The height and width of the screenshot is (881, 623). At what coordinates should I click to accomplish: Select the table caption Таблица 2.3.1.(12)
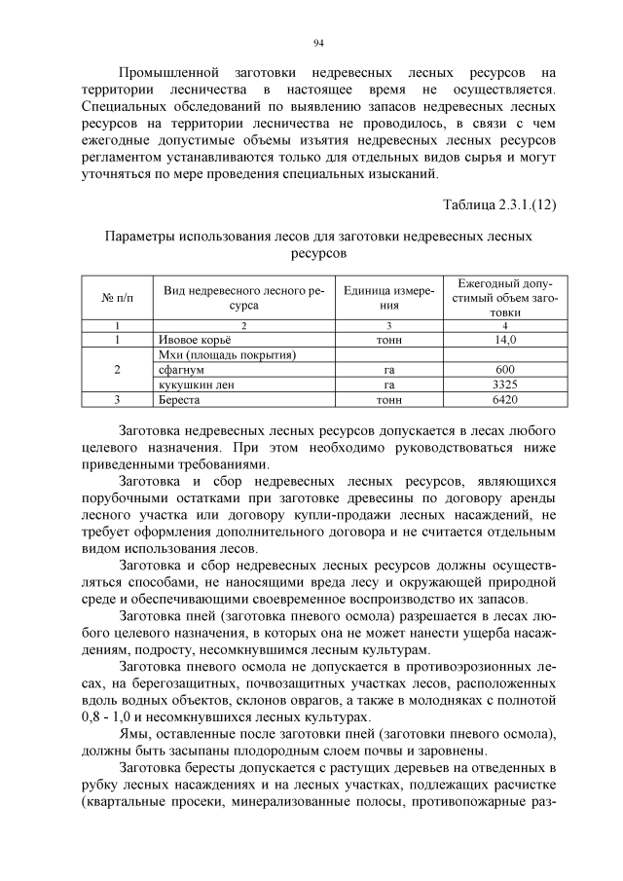[498, 203]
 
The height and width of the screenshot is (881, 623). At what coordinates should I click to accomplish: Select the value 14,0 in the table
[504, 340]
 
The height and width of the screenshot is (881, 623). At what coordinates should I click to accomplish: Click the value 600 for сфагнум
[504, 370]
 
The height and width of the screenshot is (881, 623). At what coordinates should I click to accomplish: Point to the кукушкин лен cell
[194, 385]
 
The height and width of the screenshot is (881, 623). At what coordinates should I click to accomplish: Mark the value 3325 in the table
[504, 385]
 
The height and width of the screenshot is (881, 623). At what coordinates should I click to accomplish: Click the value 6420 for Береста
[504, 400]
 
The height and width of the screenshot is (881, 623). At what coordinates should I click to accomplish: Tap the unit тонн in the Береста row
[388, 400]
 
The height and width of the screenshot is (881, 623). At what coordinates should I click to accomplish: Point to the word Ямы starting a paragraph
[133, 734]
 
